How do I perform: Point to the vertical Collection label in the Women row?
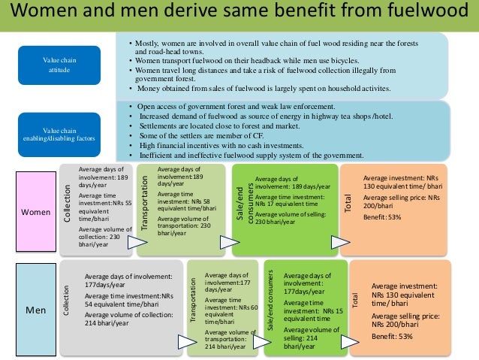point(68,204)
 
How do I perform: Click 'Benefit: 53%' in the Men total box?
point(392,337)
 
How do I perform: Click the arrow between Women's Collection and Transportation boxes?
point(137,242)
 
